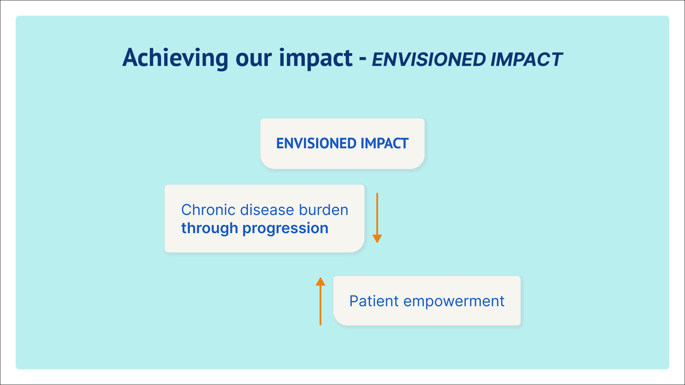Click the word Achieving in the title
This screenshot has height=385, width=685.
(175, 58)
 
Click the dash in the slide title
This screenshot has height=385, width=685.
(363, 60)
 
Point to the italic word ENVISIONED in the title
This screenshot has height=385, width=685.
(428, 60)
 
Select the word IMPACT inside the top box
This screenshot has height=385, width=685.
(385, 143)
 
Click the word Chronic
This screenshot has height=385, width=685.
(209, 210)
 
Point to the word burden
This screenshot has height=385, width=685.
(324, 210)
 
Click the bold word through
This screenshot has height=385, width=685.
(209, 229)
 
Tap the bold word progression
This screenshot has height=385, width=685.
(285, 229)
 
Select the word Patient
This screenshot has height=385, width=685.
(374, 301)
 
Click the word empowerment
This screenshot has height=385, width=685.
(454, 302)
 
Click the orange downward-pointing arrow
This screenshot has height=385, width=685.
(377, 218)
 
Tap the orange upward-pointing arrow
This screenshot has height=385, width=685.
(320, 301)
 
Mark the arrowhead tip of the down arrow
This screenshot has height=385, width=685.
(377, 243)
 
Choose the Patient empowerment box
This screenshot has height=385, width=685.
(427, 301)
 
